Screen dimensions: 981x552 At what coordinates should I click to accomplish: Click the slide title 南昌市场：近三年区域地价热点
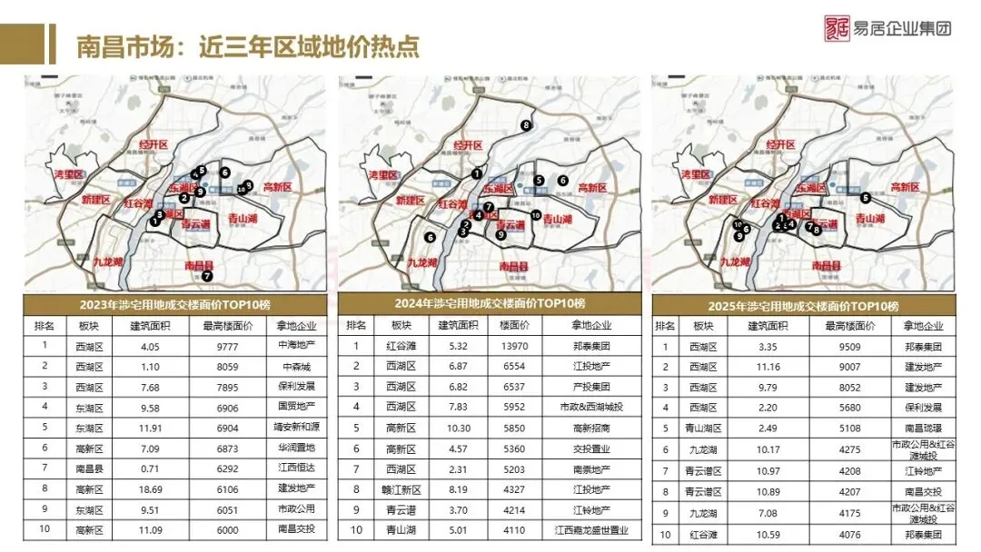(248, 45)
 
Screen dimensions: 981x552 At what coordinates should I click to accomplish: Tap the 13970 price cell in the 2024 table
(509, 345)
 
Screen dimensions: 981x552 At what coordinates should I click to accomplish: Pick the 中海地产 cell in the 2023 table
(294, 345)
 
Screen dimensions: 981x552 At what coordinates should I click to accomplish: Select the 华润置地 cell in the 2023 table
(294, 448)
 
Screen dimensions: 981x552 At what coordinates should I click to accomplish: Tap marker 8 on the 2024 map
(525, 124)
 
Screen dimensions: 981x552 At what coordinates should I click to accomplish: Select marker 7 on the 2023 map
(207, 276)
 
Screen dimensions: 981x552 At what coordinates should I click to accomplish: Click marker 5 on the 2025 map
(866, 197)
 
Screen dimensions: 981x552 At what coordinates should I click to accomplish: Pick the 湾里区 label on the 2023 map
(68, 173)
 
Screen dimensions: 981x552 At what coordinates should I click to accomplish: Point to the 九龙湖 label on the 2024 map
(423, 262)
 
